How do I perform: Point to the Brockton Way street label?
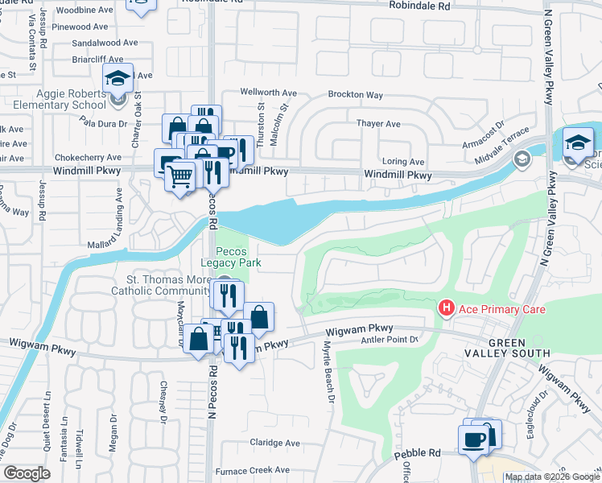coord(355,95)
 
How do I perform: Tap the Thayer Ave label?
coord(378,124)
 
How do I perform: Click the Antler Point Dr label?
coord(393,340)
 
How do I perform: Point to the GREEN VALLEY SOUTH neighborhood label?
coord(507,348)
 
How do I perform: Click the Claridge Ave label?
coord(274,443)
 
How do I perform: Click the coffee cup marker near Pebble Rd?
coord(473,439)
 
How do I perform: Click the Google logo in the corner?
coord(27,473)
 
